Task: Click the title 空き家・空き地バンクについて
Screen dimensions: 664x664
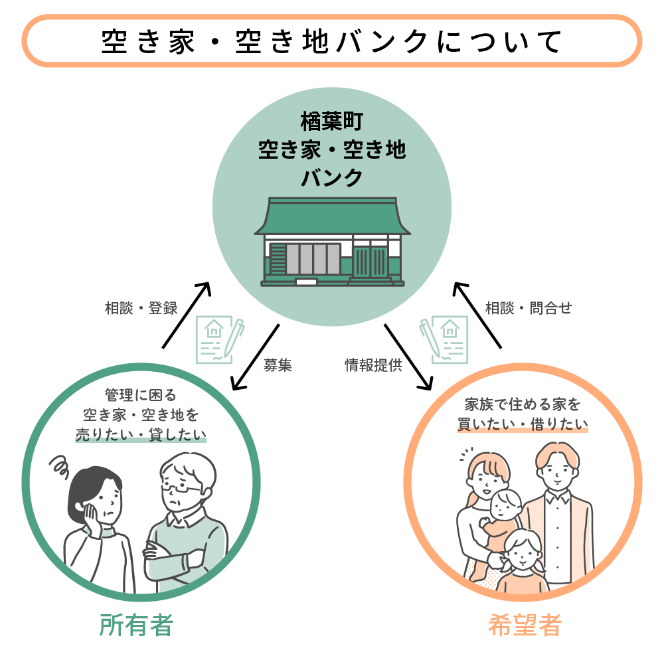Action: point(332,41)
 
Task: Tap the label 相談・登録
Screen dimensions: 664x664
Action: point(141,308)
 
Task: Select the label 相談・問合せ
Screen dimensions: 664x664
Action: point(528,308)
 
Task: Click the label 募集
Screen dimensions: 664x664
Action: point(277,366)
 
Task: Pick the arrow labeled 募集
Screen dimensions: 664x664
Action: point(255,357)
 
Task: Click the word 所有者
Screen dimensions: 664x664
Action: point(136,625)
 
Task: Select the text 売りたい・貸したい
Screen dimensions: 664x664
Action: point(141,436)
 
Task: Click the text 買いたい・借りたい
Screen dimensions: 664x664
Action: point(523,425)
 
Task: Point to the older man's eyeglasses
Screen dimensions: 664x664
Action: point(181,489)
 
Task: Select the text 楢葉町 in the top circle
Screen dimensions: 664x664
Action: point(331,124)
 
